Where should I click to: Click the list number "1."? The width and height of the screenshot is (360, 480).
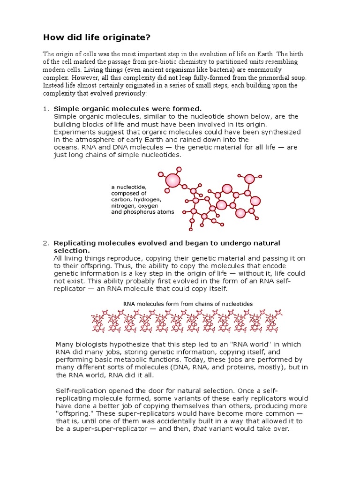(46, 109)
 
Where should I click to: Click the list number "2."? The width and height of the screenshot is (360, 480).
(46, 243)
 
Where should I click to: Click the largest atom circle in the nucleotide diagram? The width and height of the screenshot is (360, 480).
(173, 180)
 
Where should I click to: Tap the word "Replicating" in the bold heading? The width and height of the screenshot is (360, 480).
(75, 243)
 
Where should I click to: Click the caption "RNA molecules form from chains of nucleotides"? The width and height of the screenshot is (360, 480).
(187, 304)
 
